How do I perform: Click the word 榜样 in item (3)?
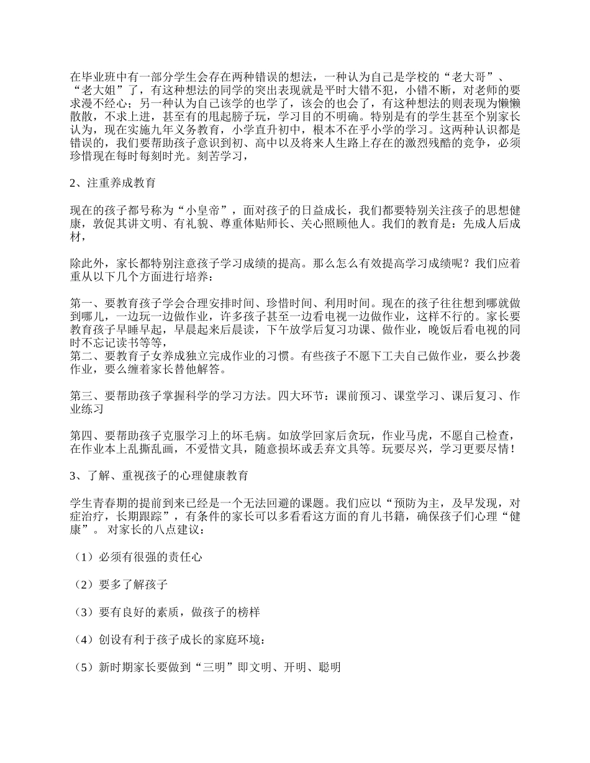[x=248, y=612]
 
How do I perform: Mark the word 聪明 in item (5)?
[x=329, y=667]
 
